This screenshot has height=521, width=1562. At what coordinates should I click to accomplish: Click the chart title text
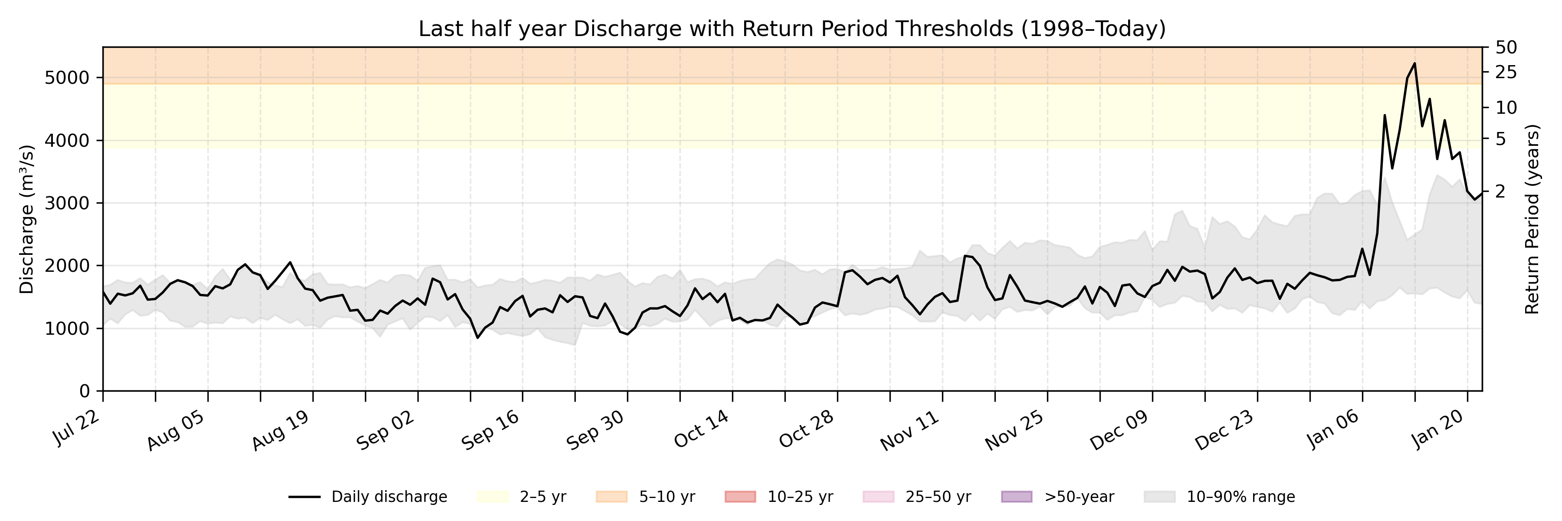point(792,29)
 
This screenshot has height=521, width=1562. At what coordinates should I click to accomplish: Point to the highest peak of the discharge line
point(1414,63)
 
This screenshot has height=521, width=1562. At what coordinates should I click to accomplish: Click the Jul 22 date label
point(77,428)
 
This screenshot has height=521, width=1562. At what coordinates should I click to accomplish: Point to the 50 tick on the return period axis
point(1506,47)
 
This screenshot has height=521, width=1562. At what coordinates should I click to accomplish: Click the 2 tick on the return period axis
point(1500,191)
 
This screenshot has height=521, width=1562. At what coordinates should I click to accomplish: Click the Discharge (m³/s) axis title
point(26,220)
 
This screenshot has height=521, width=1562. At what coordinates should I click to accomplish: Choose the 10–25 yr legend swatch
point(740,497)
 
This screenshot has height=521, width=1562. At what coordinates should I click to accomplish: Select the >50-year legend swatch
point(1016,497)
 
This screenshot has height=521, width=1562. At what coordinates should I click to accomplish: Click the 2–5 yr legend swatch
point(492,497)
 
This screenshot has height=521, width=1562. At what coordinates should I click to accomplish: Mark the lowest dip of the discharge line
point(478,338)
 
